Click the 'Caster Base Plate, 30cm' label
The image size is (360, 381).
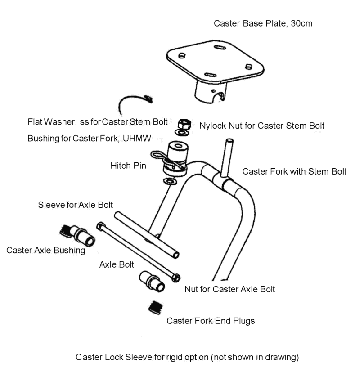point(263,23)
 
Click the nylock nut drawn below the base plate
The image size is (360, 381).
point(183,124)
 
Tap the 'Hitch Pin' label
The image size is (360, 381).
point(128,166)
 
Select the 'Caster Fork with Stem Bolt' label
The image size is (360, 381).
point(294,171)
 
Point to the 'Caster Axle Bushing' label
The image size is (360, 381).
point(46,250)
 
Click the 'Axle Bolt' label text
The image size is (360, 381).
point(117,264)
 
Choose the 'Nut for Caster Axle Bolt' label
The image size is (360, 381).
point(229,289)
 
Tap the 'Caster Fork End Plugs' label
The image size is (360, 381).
point(211,321)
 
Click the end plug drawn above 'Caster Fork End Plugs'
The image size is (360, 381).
point(156,308)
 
